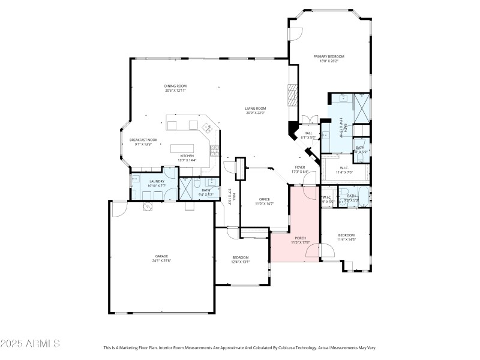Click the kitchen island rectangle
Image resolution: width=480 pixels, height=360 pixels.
click(x=184, y=148)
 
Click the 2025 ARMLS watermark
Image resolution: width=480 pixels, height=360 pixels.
click(x=30, y=344)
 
